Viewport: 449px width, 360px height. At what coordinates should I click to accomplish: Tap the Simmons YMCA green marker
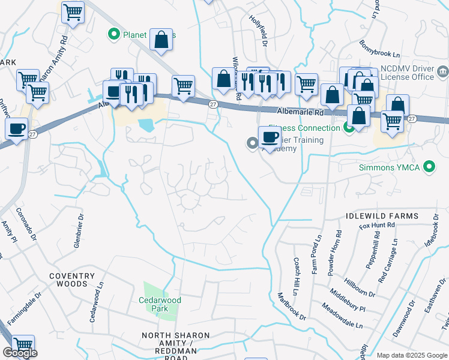[x=429, y=167]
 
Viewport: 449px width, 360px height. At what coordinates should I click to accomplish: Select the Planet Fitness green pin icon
[x=113, y=35]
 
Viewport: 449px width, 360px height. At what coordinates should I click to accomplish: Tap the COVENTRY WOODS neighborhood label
[x=72, y=280]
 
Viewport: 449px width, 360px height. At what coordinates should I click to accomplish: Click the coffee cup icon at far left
[x=17, y=128]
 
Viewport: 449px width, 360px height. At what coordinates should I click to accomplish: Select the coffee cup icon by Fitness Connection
[x=270, y=137]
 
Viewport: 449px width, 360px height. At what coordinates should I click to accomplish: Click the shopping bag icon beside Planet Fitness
[x=161, y=40]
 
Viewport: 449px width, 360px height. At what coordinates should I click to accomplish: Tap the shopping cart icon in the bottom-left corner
[x=23, y=345]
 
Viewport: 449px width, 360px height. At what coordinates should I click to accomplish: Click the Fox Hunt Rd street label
[x=377, y=225]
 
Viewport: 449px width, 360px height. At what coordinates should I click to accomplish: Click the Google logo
[x=20, y=353]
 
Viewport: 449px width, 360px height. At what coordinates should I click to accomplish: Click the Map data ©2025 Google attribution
[x=412, y=355]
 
